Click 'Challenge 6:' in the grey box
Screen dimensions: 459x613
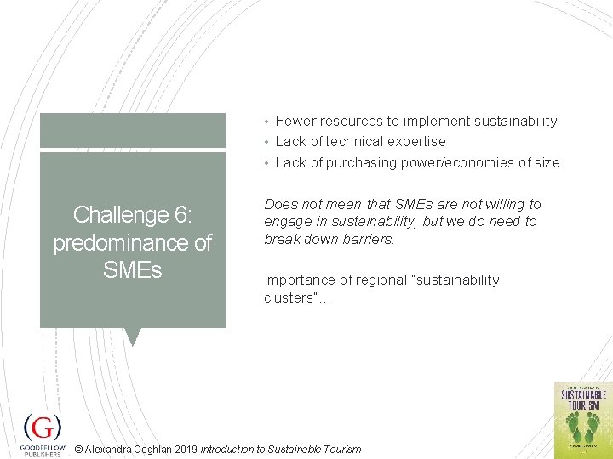pyautogui.click(x=132, y=215)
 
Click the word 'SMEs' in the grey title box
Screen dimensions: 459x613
pyautogui.click(x=132, y=271)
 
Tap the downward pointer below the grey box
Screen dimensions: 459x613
pyautogui.click(x=132, y=337)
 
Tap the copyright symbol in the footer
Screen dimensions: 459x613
pyautogui.click(x=79, y=450)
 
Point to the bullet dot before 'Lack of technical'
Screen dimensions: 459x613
pyautogui.click(x=266, y=142)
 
